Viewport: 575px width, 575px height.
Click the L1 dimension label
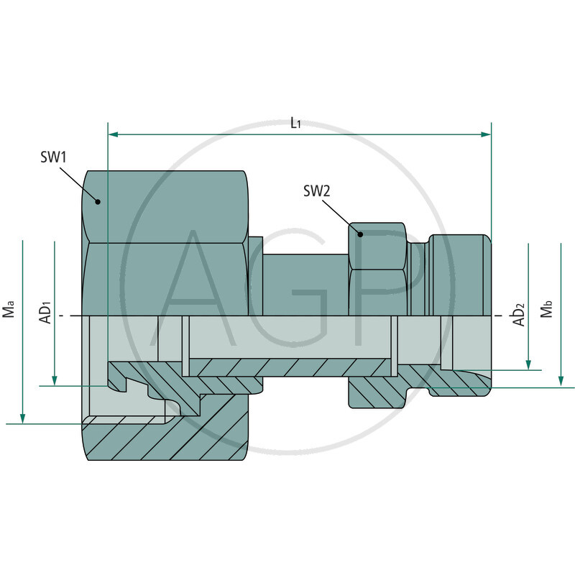coord(295,123)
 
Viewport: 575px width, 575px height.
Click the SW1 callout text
coord(53,156)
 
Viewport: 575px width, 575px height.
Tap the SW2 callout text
coord(316,191)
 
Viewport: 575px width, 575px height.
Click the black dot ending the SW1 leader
coord(98,202)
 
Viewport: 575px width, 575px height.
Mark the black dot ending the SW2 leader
coord(361,234)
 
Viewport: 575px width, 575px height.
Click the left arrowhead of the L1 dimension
coord(112,134)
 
